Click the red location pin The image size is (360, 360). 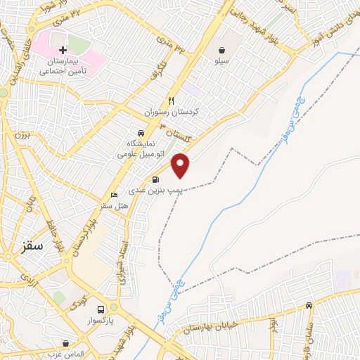[x=181, y=164]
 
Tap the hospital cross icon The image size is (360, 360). [x=63, y=51]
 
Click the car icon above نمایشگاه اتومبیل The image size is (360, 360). [x=141, y=132]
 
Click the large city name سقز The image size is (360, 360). [x=32, y=246]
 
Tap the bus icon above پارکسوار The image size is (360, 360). [x=101, y=309]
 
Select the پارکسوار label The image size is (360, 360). [x=101, y=321]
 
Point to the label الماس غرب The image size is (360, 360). [x=66, y=354]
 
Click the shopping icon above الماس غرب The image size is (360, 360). [x=66, y=343]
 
